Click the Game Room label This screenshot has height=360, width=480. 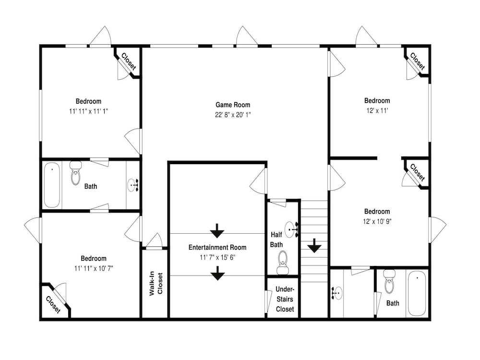(233, 105)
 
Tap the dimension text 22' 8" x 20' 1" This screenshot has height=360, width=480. (233, 115)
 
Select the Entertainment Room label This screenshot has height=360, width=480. (217, 247)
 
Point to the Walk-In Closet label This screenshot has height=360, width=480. (156, 284)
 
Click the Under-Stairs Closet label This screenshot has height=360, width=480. (285, 299)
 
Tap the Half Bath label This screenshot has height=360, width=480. (276, 240)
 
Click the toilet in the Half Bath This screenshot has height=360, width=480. (283, 263)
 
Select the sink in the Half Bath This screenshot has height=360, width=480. (292, 229)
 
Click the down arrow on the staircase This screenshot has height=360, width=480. (314, 245)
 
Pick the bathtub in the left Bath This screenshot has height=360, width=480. (52, 185)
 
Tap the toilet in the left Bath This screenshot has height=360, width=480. (76, 173)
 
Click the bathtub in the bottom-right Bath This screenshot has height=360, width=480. (417, 294)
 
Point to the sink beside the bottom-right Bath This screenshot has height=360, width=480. (337, 293)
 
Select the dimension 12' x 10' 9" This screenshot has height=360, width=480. (377, 221)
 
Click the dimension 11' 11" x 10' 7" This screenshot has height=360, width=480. (94, 268)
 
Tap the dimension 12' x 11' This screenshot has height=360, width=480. (377, 110)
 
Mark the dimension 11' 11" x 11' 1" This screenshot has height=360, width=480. (88, 111)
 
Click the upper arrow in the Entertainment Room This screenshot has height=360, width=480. (217, 231)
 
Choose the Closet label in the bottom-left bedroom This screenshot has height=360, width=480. (53, 305)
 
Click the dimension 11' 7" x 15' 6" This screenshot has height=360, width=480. (217, 257)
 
